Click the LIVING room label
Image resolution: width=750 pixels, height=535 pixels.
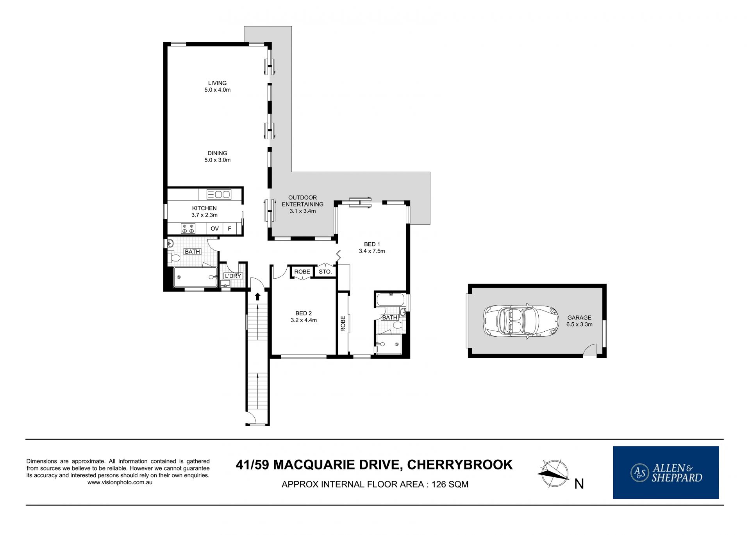click(217, 86)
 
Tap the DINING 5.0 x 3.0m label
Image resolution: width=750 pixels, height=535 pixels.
click(217, 156)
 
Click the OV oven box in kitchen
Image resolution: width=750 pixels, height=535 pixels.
click(214, 229)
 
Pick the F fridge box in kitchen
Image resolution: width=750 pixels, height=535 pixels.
click(230, 229)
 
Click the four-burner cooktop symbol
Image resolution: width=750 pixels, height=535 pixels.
click(188, 229)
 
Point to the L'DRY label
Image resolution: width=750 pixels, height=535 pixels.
click(233, 276)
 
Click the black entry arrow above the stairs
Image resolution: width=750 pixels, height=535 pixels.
click(257, 296)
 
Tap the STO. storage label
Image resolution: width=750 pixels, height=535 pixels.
click(325, 272)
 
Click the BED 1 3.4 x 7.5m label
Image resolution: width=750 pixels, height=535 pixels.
click(372, 247)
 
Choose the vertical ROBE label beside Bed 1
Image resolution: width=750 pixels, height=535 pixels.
click(343, 323)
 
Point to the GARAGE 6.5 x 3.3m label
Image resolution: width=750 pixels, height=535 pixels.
click(579, 321)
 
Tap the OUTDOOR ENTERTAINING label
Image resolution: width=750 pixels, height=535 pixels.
click(302, 204)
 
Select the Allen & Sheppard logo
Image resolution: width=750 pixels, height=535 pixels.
click(666, 472)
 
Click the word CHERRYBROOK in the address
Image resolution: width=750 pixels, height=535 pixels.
click(460, 465)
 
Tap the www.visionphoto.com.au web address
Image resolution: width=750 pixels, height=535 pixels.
click(120, 483)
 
